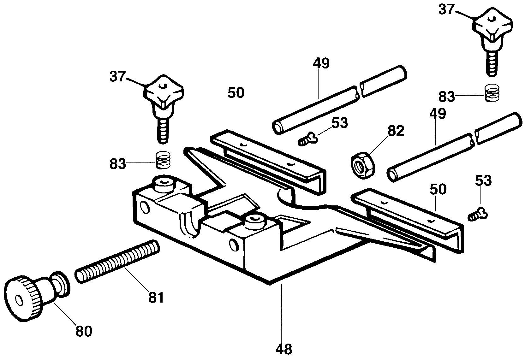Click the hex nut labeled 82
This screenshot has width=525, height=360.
362,165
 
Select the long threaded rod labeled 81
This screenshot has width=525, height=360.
117,261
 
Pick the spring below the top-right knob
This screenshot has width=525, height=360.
492,93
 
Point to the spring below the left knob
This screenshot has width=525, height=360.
163,160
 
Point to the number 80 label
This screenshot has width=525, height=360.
84,331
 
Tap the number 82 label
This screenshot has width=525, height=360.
396,131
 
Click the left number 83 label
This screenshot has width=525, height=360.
118,164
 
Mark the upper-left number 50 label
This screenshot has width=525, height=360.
236,93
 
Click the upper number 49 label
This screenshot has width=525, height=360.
321,63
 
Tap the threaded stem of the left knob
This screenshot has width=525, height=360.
163,131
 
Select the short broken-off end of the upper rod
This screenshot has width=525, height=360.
383,81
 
